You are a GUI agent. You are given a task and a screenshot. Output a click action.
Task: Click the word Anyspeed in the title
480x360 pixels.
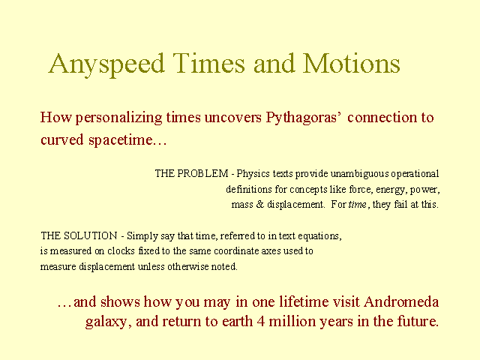click(x=106, y=64)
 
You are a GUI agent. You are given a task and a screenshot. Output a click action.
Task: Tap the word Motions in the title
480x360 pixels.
click(x=352, y=63)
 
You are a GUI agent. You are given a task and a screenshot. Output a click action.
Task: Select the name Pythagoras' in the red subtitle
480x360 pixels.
click(x=304, y=118)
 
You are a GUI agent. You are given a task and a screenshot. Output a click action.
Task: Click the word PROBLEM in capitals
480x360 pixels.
click(x=202, y=173)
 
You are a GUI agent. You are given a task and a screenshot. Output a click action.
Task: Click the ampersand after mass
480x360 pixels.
click(x=260, y=204)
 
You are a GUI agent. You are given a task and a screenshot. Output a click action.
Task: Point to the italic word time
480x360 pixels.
click(x=358, y=204)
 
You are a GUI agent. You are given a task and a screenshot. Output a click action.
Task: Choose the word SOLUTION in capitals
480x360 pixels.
click(x=90, y=235)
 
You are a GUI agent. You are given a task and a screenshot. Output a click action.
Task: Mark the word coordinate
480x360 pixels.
click(x=232, y=250)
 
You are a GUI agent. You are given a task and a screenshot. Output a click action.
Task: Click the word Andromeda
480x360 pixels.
click(x=401, y=301)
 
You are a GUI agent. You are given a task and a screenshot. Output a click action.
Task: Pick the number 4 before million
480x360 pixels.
click(x=261, y=322)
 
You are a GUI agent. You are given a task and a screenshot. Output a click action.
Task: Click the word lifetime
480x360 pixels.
click(x=304, y=301)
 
